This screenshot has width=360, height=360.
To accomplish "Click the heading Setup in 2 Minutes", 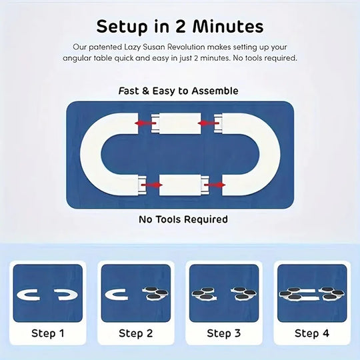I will pos(179,27).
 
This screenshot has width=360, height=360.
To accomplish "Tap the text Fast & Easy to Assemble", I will pos(179,91).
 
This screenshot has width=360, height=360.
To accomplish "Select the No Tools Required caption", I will pos(183,219).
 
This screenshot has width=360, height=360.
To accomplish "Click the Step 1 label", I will pos(47,333).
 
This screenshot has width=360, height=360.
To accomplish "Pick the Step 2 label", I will pos(135,333).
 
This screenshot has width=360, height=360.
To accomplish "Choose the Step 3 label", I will pos(223,333).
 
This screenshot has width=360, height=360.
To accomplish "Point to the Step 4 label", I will pos(311,333).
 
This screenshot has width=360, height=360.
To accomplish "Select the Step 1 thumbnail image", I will pos(47,293).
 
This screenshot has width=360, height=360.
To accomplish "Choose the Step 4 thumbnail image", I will pos(311,293).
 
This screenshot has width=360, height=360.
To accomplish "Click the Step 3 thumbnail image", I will pos(223,293).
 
